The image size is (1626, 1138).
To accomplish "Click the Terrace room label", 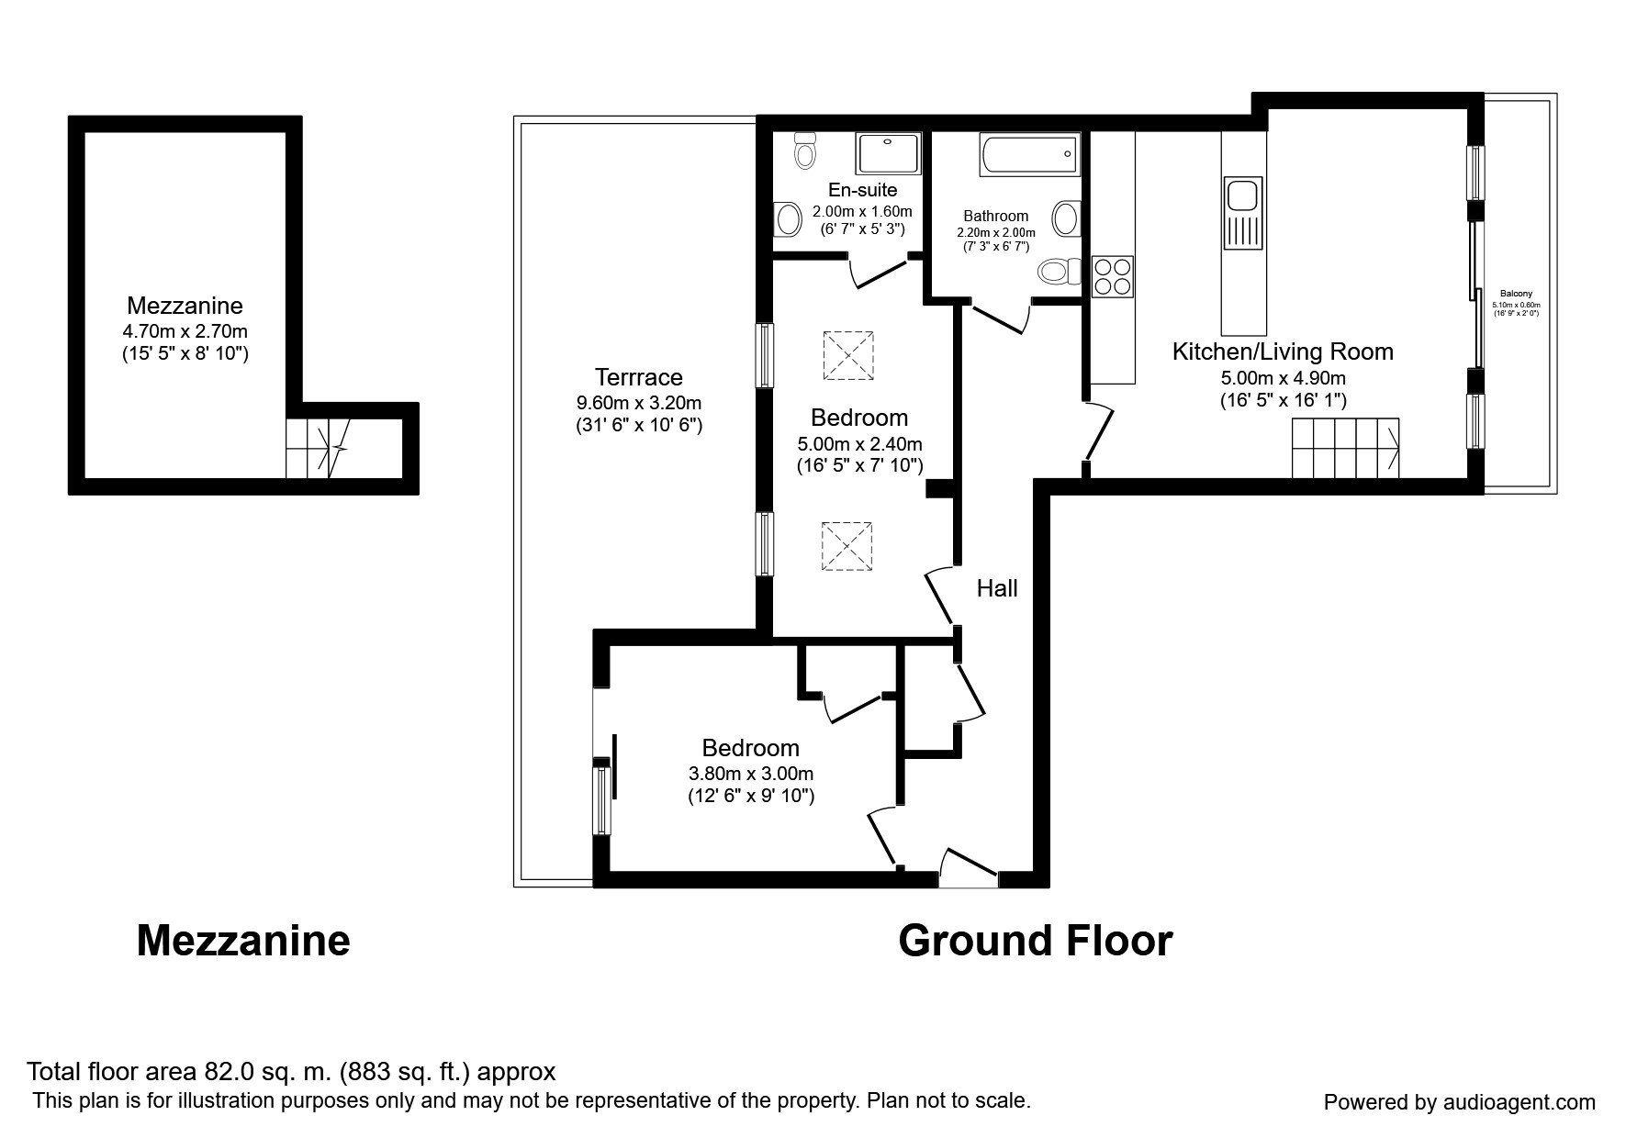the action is click(639, 377).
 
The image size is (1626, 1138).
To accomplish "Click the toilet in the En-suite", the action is click(805, 150).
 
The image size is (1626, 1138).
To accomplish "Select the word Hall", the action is click(997, 588).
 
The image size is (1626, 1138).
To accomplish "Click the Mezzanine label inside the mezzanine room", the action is click(185, 306).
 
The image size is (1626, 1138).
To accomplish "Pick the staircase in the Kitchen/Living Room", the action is click(1346, 448).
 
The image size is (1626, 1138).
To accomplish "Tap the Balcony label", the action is click(1517, 294).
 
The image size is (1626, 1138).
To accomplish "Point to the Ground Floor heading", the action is click(1036, 942).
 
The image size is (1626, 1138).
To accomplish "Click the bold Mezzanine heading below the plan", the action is click(243, 942).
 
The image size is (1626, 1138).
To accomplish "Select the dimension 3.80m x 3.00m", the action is click(751, 773).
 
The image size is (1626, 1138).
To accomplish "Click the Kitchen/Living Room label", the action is click(1283, 351).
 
